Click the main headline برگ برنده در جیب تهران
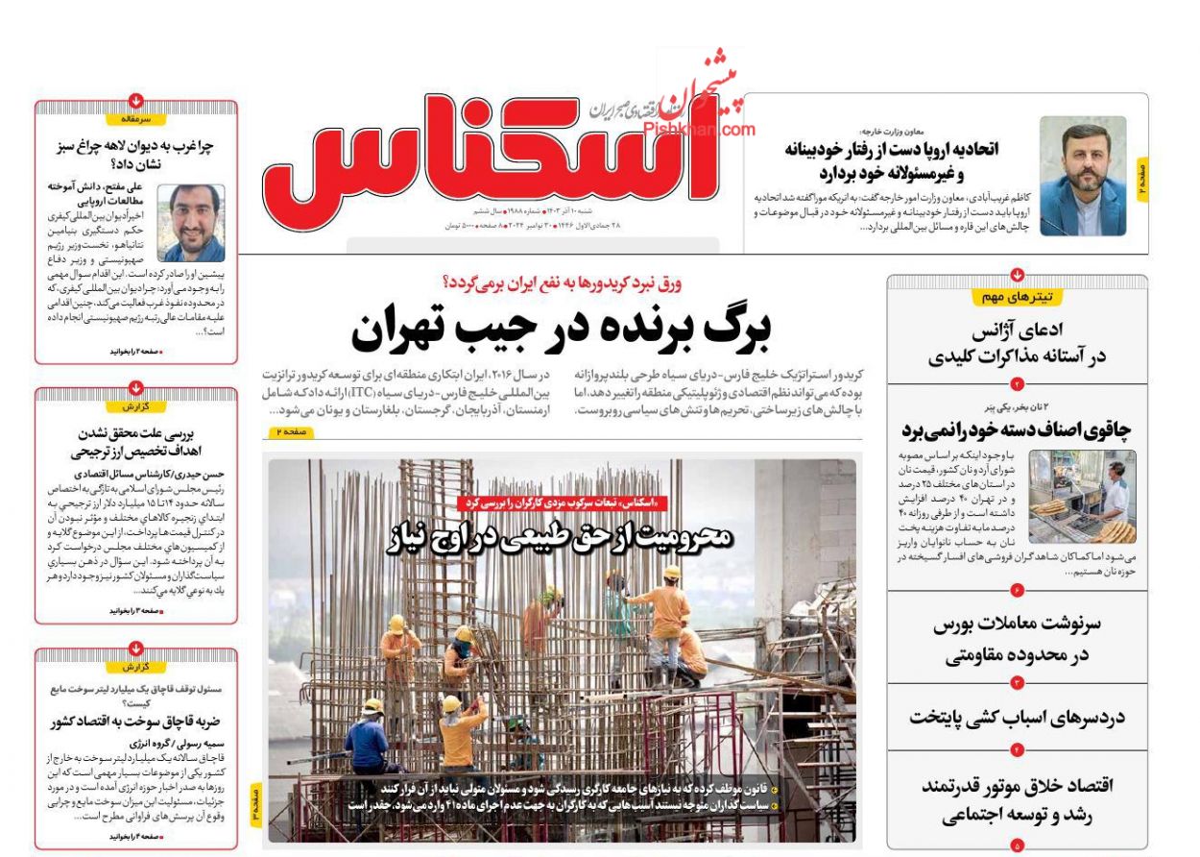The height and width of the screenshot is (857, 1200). point(561,330)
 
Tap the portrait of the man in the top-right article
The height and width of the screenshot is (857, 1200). point(1083,177)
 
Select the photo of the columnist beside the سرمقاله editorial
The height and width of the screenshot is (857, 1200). point(192,223)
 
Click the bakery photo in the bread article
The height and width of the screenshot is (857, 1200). point(1082,497)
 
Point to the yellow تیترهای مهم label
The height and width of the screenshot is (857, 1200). point(1017,297)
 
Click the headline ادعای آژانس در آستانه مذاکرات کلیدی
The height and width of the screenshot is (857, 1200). point(1018,344)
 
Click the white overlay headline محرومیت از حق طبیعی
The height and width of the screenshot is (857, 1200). point(561,537)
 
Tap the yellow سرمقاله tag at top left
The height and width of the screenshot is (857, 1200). point(136,119)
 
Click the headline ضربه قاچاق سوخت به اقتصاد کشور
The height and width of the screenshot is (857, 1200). point(136,722)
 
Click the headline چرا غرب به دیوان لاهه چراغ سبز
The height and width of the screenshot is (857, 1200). point(136,156)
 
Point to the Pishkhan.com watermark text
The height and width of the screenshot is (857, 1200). point(714,128)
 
